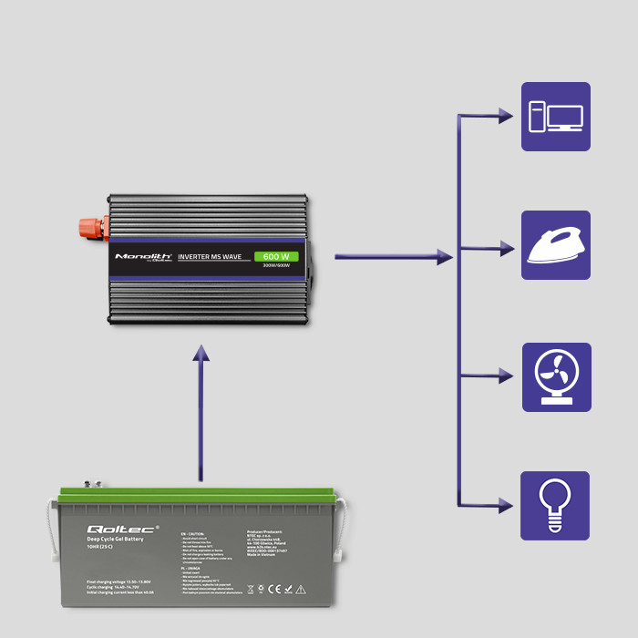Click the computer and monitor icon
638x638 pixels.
click(x=555, y=117)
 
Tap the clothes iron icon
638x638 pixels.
click(x=555, y=245)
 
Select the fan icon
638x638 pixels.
click(x=555, y=376)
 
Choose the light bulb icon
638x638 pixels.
click(x=555, y=505)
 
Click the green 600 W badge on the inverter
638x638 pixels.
click(x=276, y=256)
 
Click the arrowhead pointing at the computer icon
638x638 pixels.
click(x=506, y=116)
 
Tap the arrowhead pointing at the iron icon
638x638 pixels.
click(x=506, y=247)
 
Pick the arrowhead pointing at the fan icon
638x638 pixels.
click(x=506, y=375)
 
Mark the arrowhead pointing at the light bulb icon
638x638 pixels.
click(x=506, y=504)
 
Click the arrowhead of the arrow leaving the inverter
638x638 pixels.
click(x=445, y=258)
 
